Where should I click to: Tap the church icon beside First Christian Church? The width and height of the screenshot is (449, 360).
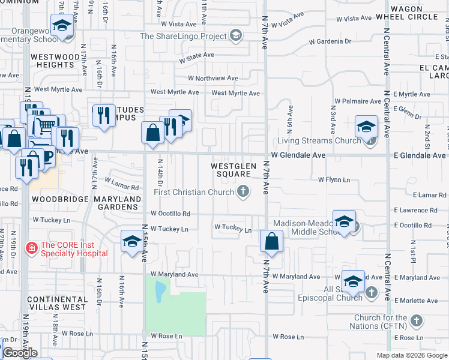pos(243,191)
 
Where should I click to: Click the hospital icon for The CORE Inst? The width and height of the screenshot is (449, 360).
pos(31,247)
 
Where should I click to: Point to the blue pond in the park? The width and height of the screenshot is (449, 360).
pos(160,292)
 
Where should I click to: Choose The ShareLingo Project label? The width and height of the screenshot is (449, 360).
pos(184,36)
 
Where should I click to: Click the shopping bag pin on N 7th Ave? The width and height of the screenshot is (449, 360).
pos(272,241)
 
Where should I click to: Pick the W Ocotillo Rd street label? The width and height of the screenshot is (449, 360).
pos(170,214)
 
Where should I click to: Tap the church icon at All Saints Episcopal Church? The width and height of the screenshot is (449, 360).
pos(372,292)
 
